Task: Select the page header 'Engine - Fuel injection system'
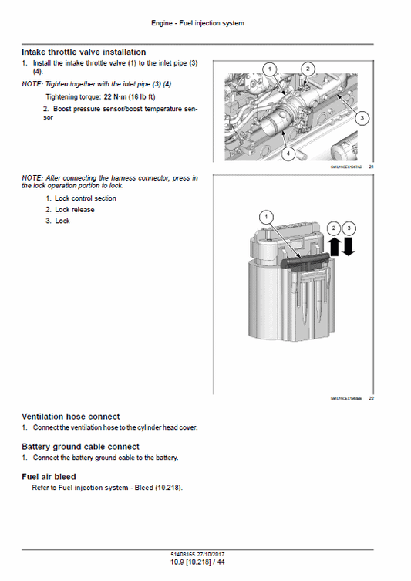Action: pos(205,23)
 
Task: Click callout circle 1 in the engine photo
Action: pos(269,69)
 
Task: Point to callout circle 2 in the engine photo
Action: pos(307,69)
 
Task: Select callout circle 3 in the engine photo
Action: pos(364,118)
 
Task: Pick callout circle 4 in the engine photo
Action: pos(288,154)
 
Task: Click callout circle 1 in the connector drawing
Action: pos(267,218)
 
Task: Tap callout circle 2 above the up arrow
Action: pos(333,228)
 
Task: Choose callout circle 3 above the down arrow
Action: pos(349,228)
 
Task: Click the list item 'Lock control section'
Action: pos(80,198)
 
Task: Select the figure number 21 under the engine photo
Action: pos(371,167)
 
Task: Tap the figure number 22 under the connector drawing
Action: pos(371,398)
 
